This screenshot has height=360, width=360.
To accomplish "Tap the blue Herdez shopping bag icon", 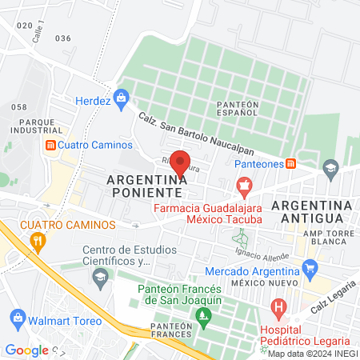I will click(122, 100).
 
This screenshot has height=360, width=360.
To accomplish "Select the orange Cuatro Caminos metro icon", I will click(50, 145).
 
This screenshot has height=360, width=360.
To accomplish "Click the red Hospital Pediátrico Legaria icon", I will click(278, 306).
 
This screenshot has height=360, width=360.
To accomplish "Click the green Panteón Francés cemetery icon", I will click(204, 317).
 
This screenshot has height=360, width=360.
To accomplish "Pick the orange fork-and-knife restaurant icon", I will click(35, 240).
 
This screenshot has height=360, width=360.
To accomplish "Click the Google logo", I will click(27, 350).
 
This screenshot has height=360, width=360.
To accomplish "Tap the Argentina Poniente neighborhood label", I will click(147, 186).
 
